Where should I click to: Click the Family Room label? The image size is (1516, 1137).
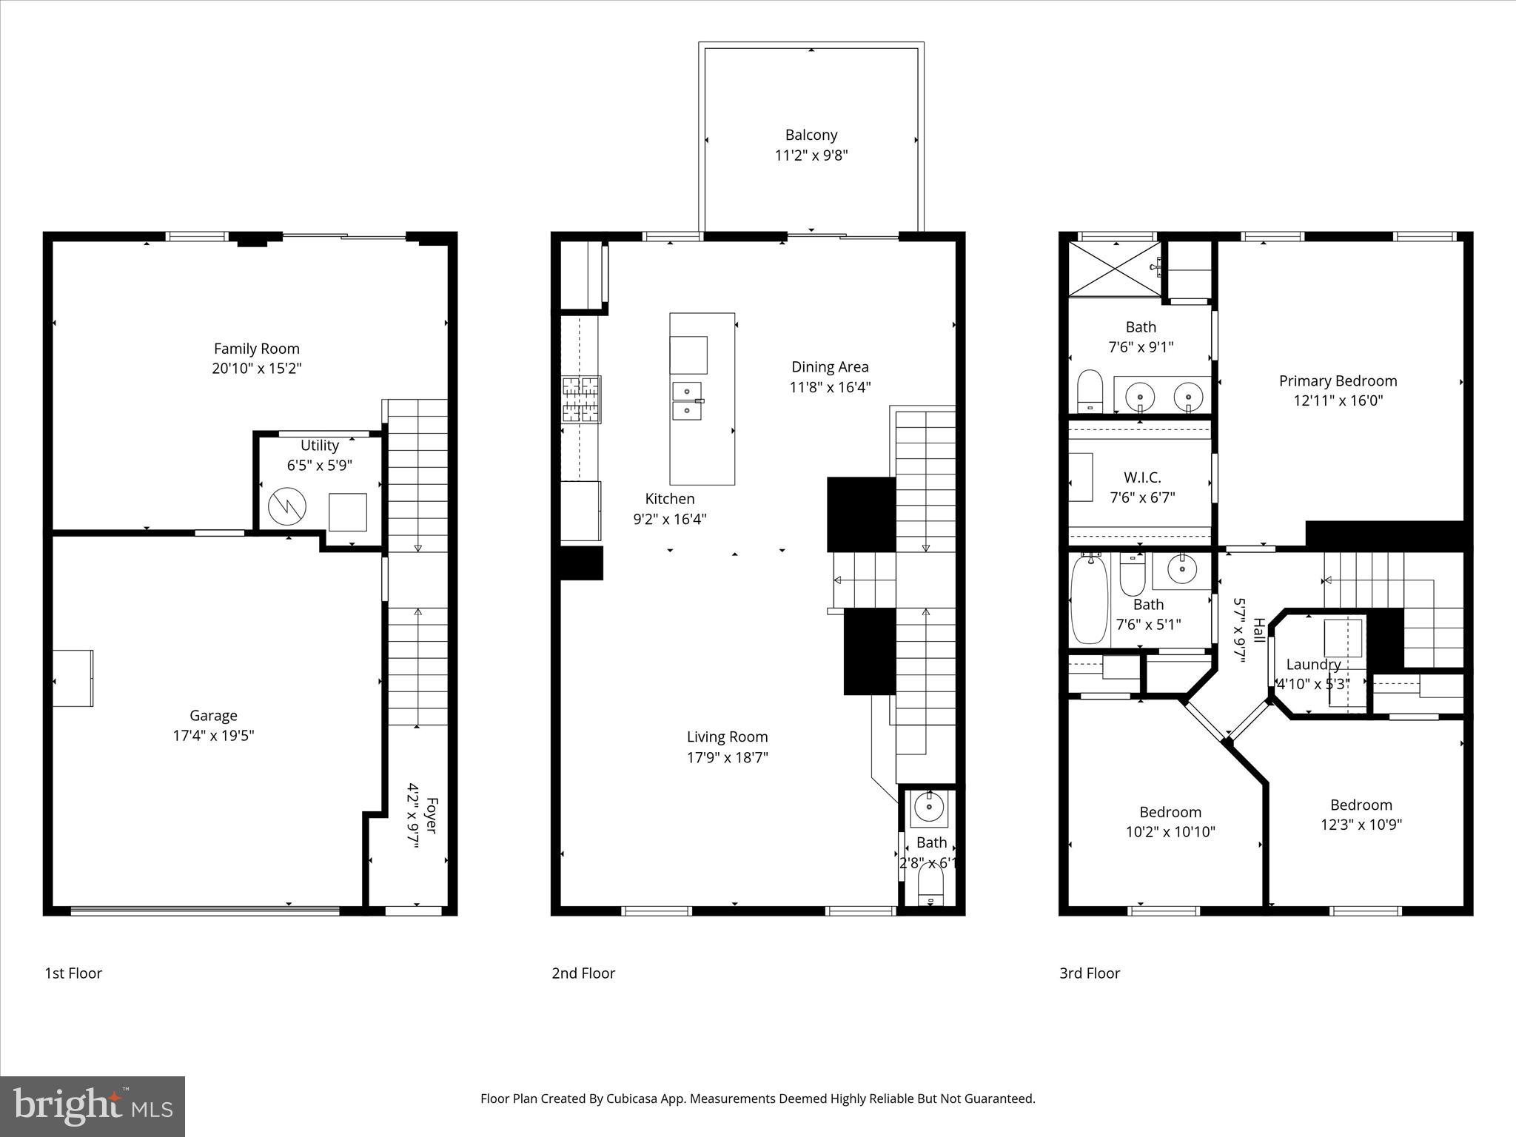click(257, 349)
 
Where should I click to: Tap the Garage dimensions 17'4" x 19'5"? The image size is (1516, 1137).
click(213, 736)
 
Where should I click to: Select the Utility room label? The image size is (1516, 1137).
click(319, 446)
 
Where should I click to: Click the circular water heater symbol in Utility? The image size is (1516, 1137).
click(286, 506)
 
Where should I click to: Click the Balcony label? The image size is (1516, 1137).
click(811, 135)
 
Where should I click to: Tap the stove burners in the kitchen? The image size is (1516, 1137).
click(581, 399)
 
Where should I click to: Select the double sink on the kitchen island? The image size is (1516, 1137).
click(687, 400)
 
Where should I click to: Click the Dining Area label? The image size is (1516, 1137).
click(830, 367)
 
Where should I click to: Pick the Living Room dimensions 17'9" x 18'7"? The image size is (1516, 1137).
click(727, 757)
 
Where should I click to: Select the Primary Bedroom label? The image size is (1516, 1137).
click(1338, 381)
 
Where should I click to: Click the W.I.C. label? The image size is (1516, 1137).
click(1142, 477)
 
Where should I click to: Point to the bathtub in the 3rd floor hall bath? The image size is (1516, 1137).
click(1089, 600)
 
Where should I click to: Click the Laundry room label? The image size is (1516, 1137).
click(1313, 665)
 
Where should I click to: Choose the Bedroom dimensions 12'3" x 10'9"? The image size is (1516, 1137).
click(1361, 825)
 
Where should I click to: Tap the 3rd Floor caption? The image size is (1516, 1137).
click(1089, 973)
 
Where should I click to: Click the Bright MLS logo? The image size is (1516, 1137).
click(93, 1107)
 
